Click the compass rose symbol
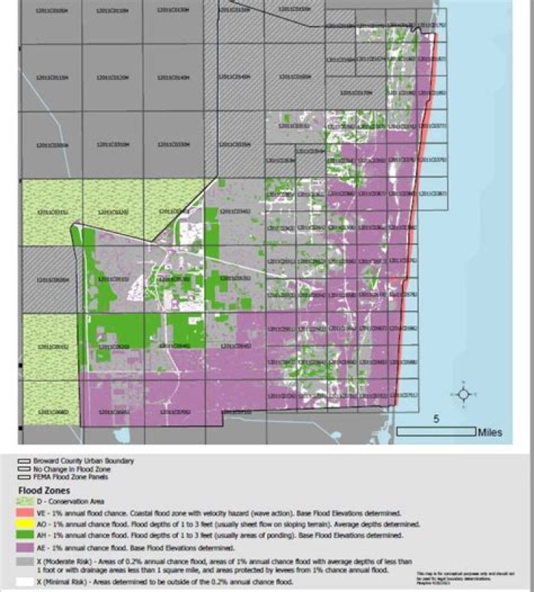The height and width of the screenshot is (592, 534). click(x=464, y=394)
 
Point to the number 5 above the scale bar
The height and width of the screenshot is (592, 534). click(x=435, y=419)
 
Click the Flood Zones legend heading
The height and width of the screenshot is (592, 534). click(x=44, y=490)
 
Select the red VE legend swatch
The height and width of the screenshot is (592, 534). click(x=24, y=513)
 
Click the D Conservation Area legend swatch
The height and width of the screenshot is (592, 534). click(x=24, y=502)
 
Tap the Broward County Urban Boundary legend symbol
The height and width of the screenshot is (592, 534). click(x=24, y=461)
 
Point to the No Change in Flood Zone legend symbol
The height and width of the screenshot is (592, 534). click(x=24, y=468)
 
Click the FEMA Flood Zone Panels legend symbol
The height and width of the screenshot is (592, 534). click(x=24, y=476)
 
